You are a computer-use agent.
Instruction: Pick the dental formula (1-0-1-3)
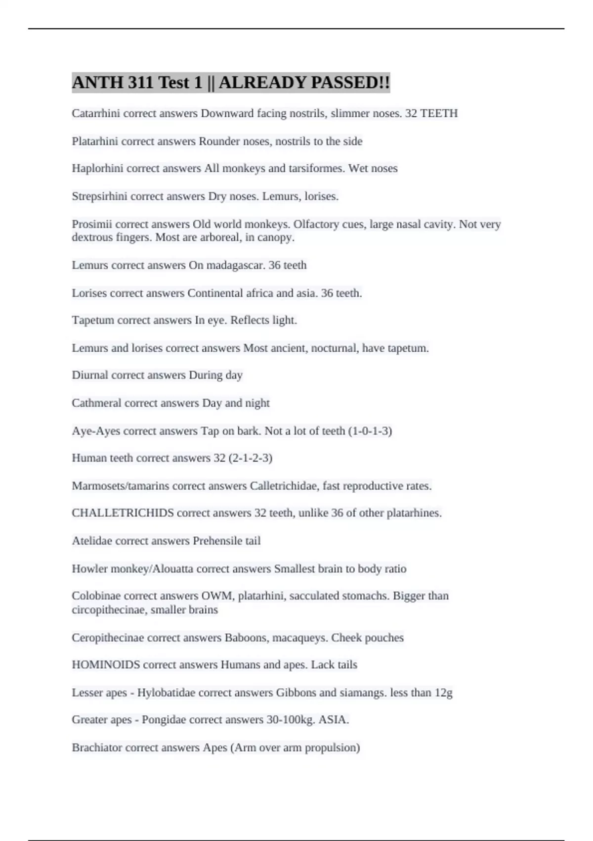[x=370, y=431]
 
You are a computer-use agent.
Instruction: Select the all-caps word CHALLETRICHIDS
[x=123, y=513]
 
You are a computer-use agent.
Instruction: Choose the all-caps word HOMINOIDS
[x=106, y=664]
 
